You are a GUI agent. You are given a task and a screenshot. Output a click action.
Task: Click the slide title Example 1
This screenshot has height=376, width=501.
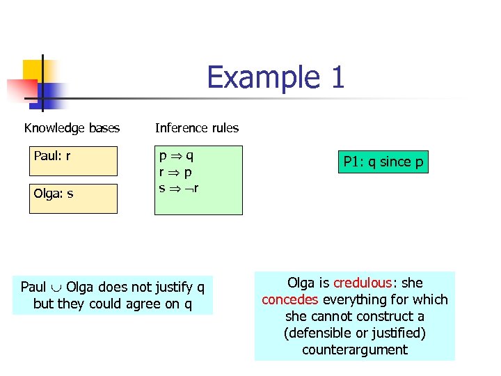pos(276,77)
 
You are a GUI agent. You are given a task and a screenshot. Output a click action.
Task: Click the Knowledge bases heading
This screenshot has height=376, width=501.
pos(72,128)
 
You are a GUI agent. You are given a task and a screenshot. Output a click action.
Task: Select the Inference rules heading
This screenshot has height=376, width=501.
pos(197,128)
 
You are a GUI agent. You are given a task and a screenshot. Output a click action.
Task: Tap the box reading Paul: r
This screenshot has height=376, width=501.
pos(73,161)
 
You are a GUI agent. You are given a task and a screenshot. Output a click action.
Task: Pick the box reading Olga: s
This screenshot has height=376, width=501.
pos(73,198)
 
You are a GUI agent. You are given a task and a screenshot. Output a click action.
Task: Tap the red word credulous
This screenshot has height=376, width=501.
pos(362,283)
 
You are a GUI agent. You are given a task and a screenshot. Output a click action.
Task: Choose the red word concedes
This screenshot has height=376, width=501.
pos(290,299)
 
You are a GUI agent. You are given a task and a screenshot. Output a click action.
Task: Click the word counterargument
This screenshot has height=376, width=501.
pos(354,350)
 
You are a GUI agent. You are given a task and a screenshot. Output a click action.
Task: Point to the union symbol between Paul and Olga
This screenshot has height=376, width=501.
pos(56,288)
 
